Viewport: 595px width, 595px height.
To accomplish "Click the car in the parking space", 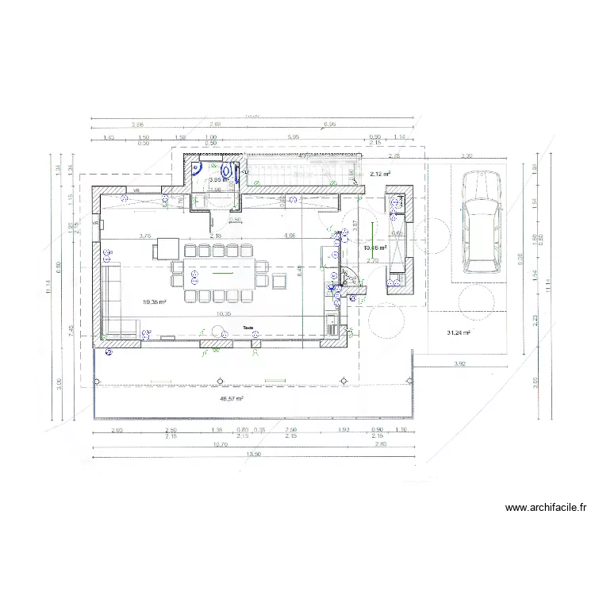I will (478, 224).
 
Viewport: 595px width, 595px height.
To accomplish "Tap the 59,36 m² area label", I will (154, 301).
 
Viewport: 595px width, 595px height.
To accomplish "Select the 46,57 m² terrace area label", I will (231, 399).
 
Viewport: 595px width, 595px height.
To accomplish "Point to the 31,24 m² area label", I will (459, 333).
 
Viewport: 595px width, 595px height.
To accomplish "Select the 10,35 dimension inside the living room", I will (224, 314).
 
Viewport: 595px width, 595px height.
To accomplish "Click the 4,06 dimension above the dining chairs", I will (289, 236).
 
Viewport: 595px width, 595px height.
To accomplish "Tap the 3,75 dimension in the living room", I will (145, 236).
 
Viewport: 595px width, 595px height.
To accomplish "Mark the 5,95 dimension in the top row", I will (294, 137).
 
